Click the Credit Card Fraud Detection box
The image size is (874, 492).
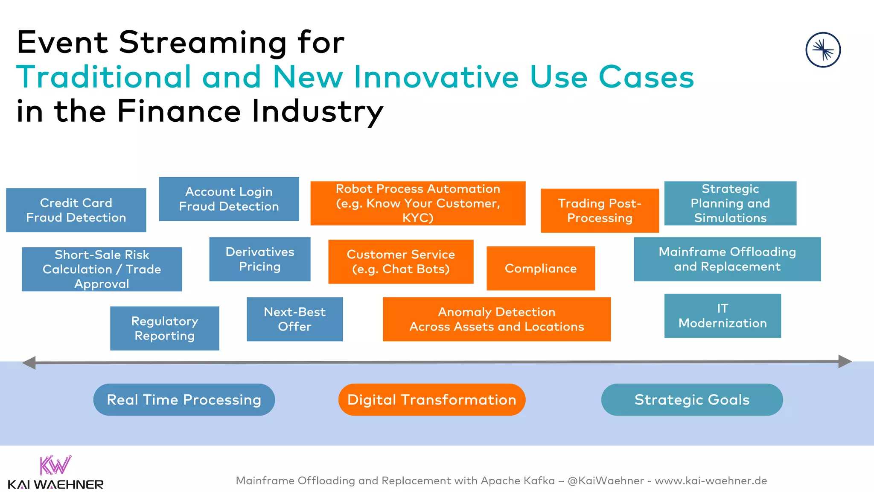pyautogui.click(x=76, y=210)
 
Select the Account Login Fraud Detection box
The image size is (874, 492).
pyautogui.click(x=229, y=199)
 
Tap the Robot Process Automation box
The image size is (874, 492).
pyautogui.click(x=418, y=203)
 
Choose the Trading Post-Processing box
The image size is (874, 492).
pyautogui.click(x=600, y=211)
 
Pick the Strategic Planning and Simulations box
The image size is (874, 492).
pyautogui.click(x=730, y=203)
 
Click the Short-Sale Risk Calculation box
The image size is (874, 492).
pyautogui.click(x=102, y=269)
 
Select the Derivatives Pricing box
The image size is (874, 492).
pyautogui.click(x=259, y=259)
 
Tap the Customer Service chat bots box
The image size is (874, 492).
pyautogui.click(x=401, y=261)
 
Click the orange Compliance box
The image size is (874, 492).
pyautogui.click(x=541, y=268)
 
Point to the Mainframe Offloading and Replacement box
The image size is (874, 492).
pyautogui.click(x=727, y=259)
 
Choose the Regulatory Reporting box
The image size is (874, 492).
pyautogui.click(x=164, y=328)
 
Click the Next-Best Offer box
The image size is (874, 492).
pyautogui.click(x=294, y=319)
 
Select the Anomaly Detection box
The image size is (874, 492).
pyautogui.click(x=497, y=319)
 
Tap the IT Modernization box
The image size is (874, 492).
pyautogui.click(x=723, y=316)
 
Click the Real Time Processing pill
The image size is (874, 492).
pyautogui.click(x=184, y=400)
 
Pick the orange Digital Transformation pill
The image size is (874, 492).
pyautogui.click(x=431, y=400)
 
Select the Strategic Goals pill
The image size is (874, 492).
pyautogui.click(x=692, y=400)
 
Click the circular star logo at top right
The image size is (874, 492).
pyautogui.click(x=823, y=50)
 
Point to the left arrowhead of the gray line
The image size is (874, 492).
pyautogui.click(x=29, y=363)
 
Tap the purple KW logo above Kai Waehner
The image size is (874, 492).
pyautogui.click(x=55, y=466)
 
